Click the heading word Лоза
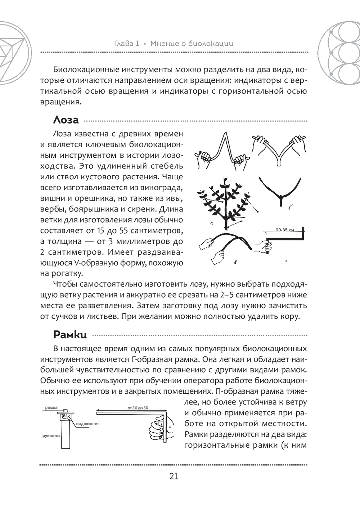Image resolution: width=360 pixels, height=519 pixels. [66, 120]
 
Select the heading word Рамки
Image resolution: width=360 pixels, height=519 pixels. [70, 334]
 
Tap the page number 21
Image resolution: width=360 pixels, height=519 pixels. [174, 476]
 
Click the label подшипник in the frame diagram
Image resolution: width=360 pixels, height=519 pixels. [88, 424]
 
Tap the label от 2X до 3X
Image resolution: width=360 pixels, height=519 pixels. [138, 408]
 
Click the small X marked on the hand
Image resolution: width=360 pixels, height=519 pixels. [170, 426]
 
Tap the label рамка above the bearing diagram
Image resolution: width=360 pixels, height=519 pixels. [51, 408]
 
